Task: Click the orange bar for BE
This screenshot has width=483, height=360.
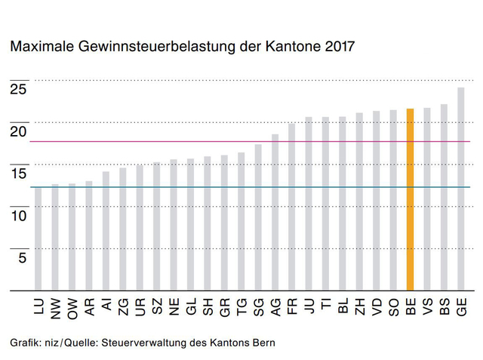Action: point(411,199)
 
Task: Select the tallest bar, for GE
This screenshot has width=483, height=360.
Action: point(461,189)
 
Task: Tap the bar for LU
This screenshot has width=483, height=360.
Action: point(38,238)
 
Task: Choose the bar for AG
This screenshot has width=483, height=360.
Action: point(275,212)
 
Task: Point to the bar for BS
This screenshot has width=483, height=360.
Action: point(444,197)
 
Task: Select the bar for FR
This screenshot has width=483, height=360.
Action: point(292,207)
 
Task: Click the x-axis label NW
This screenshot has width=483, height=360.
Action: point(56,308)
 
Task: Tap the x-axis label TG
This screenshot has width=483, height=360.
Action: point(241,307)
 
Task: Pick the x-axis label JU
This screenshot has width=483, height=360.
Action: point(309,306)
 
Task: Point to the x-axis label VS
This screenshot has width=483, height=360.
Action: point(427,307)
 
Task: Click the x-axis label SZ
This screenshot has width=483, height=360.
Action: point(157,307)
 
